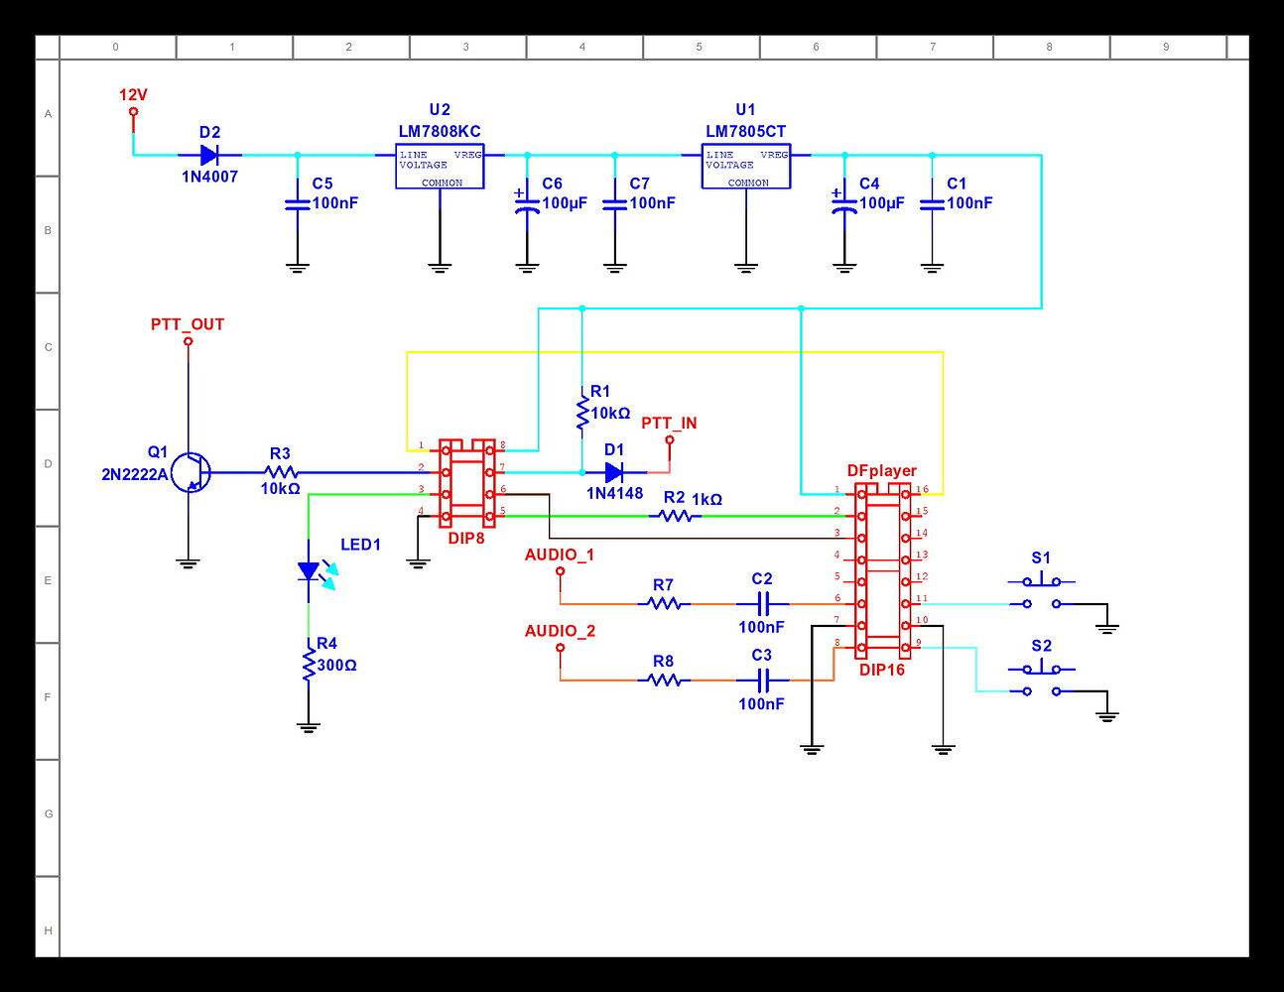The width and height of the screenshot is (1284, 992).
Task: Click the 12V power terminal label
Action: [x=133, y=95]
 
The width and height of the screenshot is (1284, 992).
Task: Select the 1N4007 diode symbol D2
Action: [x=209, y=155]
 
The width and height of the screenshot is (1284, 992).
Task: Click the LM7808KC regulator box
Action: [x=440, y=166]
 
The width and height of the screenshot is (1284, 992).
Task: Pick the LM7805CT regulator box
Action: [x=746, y=166]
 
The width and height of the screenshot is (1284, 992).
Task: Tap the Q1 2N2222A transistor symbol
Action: [x=190, y=473]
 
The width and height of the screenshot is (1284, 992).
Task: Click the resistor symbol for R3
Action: [x=281, y=472]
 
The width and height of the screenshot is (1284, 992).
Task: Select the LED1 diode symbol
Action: [x=310, y=571]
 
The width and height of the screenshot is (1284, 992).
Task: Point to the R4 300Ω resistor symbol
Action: [x=309, y=665]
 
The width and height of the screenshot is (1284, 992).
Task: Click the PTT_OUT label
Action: [x=188, y=324]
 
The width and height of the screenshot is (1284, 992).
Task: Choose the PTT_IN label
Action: [x=669, y=423]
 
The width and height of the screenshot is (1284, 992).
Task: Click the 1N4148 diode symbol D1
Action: [x=614, y=472]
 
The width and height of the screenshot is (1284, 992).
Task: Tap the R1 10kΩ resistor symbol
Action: [x=582, y=412]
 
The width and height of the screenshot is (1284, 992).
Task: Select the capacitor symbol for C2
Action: [x=762, y=603]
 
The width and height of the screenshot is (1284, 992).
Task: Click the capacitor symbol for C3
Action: [x=762, y=680]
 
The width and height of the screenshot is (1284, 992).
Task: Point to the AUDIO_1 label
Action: [x=560, y=555]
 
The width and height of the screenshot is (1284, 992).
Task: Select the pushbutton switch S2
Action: [x=1041, y=680]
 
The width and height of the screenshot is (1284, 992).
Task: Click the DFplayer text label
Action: [x=881, y=470]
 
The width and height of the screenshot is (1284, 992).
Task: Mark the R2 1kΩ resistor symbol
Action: [x=676, y=516]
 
